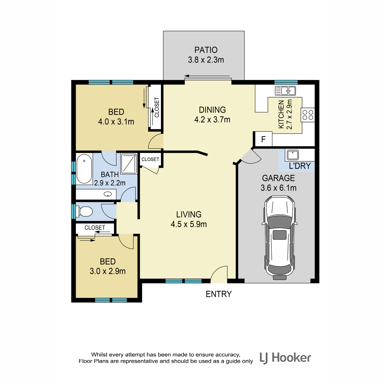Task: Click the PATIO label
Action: coord(206,50)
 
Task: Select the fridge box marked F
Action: coord(263,139)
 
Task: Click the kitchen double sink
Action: coord(285,91)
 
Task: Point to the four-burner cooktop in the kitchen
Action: coord(308,115)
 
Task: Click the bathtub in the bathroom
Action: coord(84,169)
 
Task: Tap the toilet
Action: coord(84,212)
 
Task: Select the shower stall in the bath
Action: coord(129,164)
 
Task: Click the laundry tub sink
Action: coord(292,155)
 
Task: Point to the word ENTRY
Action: coord(219,294)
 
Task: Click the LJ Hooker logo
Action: coord(285,364)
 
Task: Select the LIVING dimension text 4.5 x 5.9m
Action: coord(189,224)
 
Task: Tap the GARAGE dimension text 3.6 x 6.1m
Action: coord(278,188)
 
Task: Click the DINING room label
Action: coord(212,110)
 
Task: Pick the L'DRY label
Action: coord(300,166)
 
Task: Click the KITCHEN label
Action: coord(281,114)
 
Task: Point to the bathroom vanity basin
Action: coord(108,194)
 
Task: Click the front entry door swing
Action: coord(219,274)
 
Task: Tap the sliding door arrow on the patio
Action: coord(207,76)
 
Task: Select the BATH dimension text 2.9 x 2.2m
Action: coord(110,183)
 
